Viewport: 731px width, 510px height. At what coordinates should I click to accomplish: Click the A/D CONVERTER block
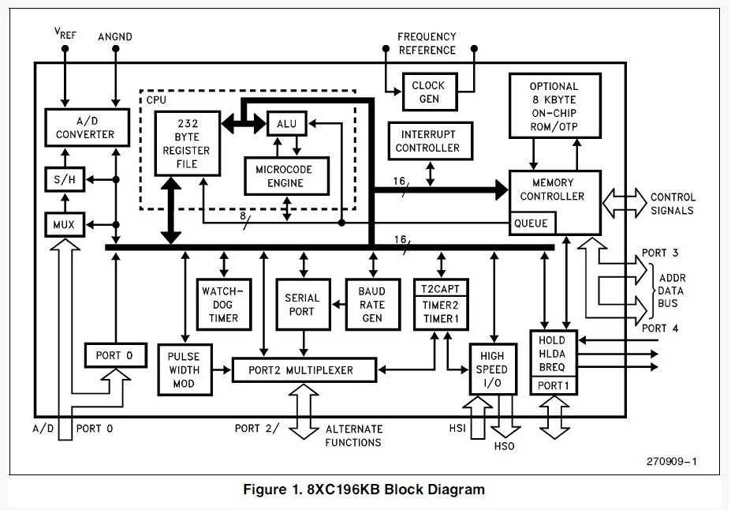pos(88,127)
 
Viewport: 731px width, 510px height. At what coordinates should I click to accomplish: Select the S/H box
pos(65,179)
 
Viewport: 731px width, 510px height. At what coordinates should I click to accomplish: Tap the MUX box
pos(65,224)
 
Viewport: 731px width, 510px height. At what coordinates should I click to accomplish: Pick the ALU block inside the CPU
pos(287,124)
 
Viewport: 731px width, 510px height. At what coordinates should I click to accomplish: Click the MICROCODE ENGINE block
pos(287,176)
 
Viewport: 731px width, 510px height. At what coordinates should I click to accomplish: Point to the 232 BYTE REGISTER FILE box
pos(188,143)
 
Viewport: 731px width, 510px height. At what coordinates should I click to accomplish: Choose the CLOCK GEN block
pos(429,92)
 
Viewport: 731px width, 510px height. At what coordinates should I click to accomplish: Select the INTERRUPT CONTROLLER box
pos(430,141)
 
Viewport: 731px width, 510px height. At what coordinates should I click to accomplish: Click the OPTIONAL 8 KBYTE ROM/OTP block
pos(555,106)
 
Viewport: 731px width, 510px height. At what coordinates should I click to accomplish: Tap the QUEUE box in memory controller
pos(532,223)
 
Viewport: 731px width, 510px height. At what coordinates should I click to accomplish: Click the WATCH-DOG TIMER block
pos(224,305)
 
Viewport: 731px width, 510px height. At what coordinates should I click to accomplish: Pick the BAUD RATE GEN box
pos(373,305)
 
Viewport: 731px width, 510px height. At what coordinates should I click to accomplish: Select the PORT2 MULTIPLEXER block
pos(304,370)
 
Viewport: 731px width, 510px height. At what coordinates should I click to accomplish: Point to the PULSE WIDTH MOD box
pos(185,370)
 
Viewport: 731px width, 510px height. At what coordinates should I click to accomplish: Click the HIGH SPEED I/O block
pos(493,369)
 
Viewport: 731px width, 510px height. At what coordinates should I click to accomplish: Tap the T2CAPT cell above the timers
pos(441,288)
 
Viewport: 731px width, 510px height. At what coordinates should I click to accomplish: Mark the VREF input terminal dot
pos(65,48)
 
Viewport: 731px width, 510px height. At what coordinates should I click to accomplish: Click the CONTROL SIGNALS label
pos(673,204)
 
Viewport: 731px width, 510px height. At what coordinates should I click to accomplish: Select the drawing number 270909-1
pos(671,462)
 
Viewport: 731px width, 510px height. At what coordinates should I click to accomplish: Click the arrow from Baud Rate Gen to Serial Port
pos(338,305)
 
